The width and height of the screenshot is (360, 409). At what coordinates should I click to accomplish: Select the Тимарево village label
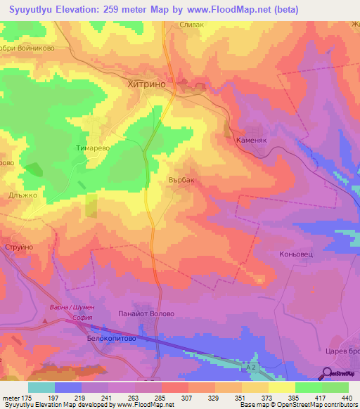coord(94,148)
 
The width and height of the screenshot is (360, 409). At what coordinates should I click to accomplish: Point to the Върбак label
coord(181,180)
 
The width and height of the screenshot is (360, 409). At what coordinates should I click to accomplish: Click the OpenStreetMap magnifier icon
coord(326,373)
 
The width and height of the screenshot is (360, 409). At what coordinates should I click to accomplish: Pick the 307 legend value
coord(188,398)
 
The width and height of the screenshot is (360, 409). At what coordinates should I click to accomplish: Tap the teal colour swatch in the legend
coord(41,387)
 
